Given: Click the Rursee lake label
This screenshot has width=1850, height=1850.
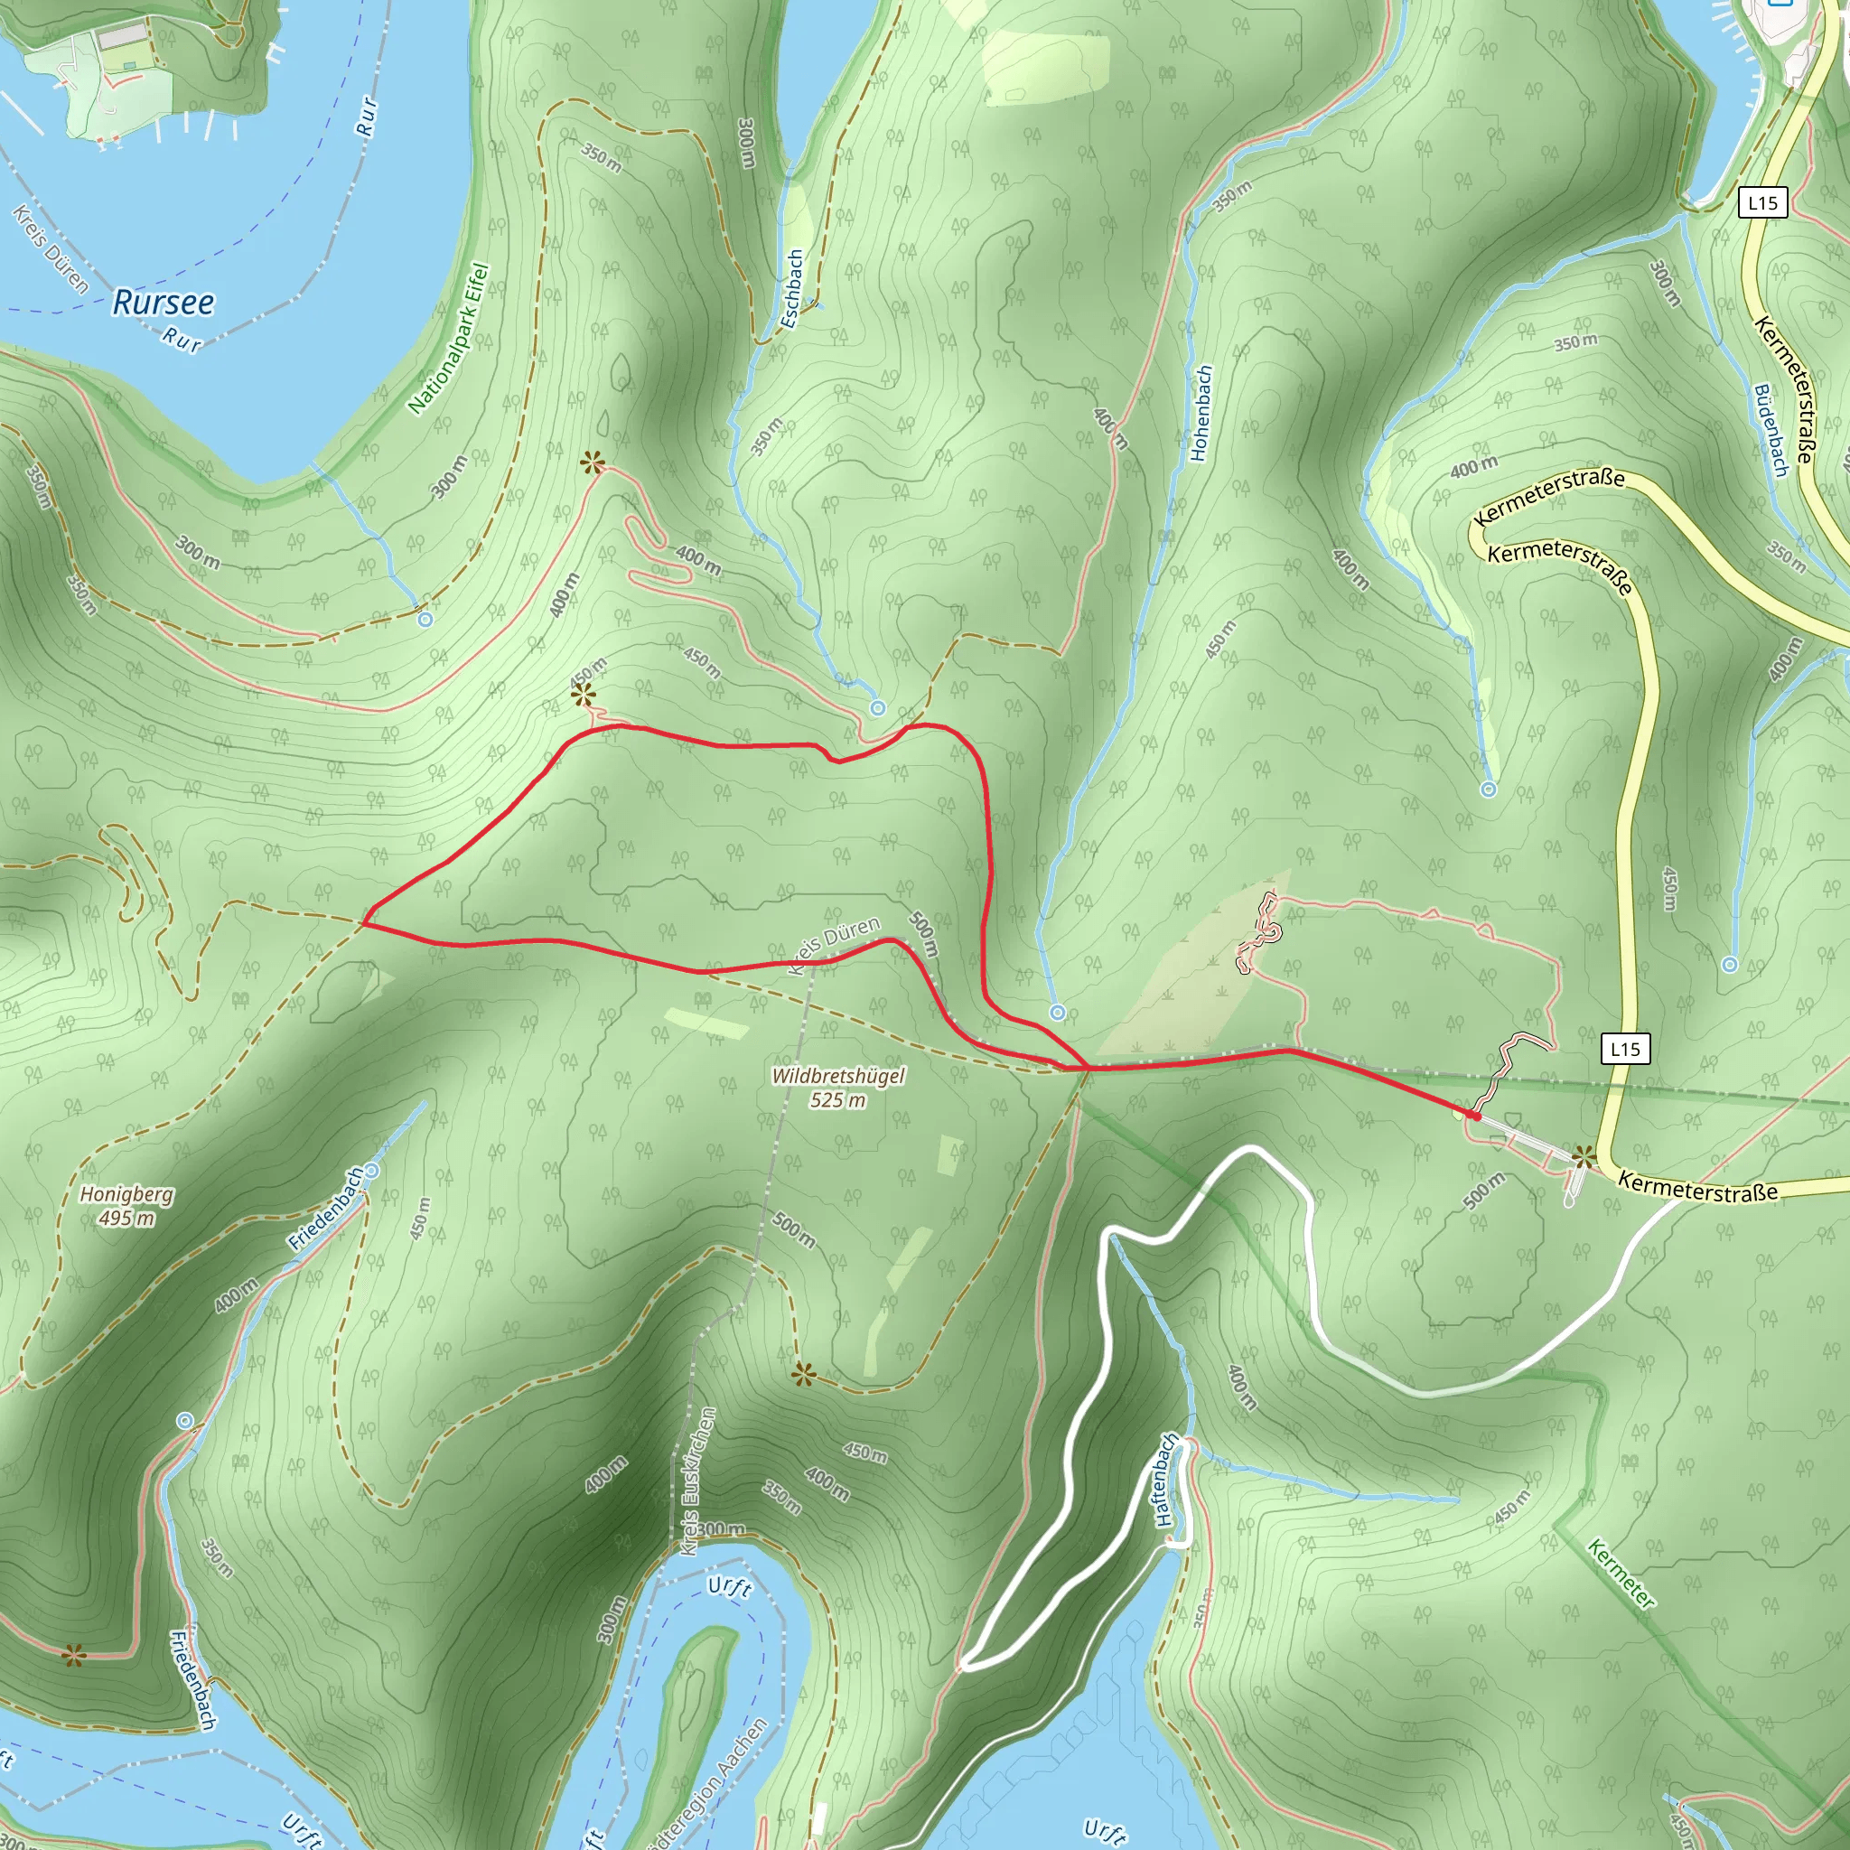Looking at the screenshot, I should point(163,303).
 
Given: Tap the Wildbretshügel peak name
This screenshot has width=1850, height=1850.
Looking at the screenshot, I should point(838,1076).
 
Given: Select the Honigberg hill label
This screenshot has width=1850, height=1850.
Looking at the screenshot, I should point(126,1195).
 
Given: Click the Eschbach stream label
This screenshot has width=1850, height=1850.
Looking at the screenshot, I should point(791,289).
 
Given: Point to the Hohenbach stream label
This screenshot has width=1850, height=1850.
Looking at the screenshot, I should point(1201,413).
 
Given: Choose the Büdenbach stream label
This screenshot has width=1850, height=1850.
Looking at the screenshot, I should point(1771,430).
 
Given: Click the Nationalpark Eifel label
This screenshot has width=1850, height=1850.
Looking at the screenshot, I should point(448,339).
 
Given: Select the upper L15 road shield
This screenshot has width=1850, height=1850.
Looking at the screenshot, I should point(1761,203).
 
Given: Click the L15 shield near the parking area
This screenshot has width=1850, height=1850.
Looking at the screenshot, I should point(1625,1049).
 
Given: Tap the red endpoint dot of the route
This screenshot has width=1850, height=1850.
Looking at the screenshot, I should point(1476,1116).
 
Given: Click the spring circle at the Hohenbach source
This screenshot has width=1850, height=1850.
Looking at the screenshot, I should point(1057,1012).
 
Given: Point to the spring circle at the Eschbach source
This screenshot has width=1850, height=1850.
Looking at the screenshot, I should point(877,707).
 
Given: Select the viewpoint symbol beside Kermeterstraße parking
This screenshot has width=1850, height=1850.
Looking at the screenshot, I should point(1583,1157).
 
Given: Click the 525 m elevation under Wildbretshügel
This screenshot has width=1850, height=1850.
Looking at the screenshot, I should point(838,1100).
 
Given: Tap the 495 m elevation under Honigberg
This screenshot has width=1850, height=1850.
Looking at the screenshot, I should point(126,1219).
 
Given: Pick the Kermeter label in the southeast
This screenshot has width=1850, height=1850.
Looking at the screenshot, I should point(1621,1574).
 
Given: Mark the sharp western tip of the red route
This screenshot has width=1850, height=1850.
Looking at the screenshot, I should point(363,924).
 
